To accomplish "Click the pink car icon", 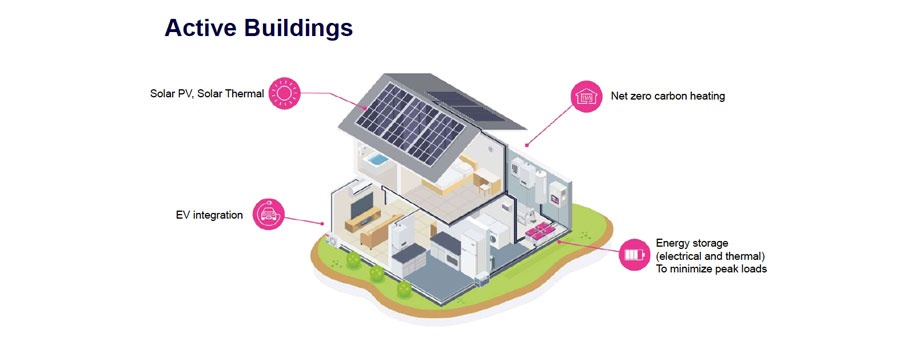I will [x=268, y=213].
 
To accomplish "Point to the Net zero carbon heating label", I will [x=668, y=97].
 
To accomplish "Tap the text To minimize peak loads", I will [x=711, y=268].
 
